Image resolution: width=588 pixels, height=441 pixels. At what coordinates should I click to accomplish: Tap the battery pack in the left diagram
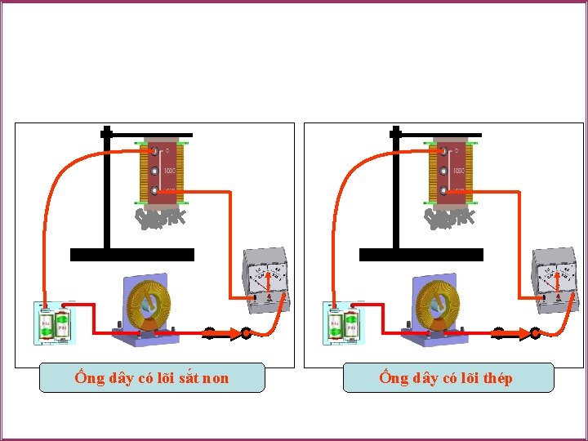[52, 324]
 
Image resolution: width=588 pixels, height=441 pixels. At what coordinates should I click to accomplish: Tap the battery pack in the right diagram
[341, 324]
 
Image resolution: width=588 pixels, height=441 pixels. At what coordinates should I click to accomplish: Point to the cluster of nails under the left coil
[162, 218]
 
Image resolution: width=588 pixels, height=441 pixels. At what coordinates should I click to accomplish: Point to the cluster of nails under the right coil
[451, 218]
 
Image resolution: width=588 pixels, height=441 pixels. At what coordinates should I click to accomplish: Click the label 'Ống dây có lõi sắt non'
[152, 377]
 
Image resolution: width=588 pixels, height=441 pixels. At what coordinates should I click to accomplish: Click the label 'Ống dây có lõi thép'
[447, 377]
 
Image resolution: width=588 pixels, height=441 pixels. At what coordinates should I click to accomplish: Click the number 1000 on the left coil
[170, 171]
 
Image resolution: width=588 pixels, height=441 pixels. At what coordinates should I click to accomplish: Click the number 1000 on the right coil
[459, 171]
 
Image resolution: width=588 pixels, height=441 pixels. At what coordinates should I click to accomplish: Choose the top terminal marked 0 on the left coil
[155, 151]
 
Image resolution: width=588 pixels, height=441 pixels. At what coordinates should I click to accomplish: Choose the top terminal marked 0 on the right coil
[444, 151]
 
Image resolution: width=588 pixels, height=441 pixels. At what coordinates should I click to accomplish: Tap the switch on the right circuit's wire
[516, 332]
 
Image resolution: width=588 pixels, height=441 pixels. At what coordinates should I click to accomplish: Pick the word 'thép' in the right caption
[497, 378]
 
